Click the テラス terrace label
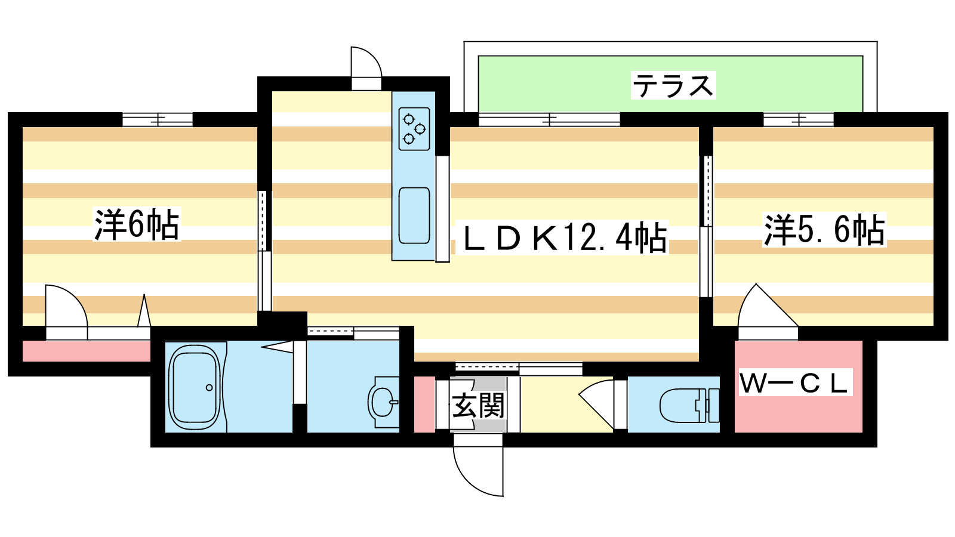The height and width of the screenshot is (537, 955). coord(673,86)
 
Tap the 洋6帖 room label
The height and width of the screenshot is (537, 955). coord(137,224)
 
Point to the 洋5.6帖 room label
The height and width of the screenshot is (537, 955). coord(824,230)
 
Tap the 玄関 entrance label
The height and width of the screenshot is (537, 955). coord(478,405)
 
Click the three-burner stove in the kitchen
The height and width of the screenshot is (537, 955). coord(414,129)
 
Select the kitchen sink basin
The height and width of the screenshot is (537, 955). coord(414,215)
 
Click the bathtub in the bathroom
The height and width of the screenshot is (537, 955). coord(194,387)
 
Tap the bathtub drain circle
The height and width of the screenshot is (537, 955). coord(210,388)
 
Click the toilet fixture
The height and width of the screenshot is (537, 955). coord(689,405)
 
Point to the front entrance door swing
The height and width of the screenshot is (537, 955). coord(478,471)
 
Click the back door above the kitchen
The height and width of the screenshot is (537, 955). coord(366,68)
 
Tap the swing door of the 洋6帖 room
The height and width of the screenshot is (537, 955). coord(66,312)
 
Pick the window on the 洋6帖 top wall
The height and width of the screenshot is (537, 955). coord(158,119)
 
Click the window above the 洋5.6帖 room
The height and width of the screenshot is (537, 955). coord(798,119)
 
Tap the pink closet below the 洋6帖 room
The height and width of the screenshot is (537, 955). coord(86,351)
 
